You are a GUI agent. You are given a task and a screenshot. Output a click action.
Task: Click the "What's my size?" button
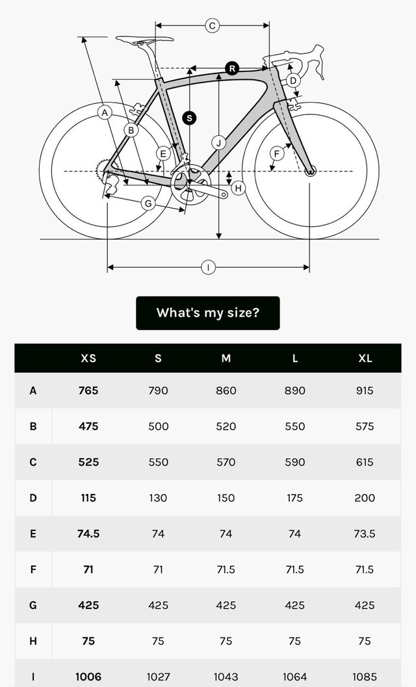pyautogui.click(x=207, y=313)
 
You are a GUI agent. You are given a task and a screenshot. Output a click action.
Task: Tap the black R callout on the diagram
pyautogui.click(x=232, y=68)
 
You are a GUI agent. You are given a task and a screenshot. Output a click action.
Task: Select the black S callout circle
pyautogui.click(x=189, y=118)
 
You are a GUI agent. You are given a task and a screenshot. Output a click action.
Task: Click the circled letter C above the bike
pyautogui.click(x=212, y=25)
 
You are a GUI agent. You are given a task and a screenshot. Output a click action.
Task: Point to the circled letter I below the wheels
pyautogui.click(x=207, y=267)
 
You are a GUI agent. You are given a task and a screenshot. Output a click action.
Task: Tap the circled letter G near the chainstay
pyautogui.click(x=148, y=203)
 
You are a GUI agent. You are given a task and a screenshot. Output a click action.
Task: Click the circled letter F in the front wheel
pyautogui.click(x=277, y=153)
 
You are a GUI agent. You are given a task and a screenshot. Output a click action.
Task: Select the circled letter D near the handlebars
pyautogui.click(x=293, y=81)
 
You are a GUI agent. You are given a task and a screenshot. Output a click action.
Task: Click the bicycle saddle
pyautogui.click(x=144, y=40)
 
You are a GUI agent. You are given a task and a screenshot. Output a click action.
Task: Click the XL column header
pyautogui.click(x=365, y=358)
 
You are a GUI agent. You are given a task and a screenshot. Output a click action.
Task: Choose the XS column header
pyautogui.click(x=88, y=358)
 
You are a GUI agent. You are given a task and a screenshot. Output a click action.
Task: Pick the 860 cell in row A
pyautogui.click(x=226, y=391)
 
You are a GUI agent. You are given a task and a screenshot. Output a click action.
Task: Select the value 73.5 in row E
pyautogui.click(x=365, y=534)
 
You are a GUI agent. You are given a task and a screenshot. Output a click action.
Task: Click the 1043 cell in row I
pyautogui.click(x=226, y=677)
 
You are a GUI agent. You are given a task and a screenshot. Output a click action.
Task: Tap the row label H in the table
pyautogui.click(x=32, y=641)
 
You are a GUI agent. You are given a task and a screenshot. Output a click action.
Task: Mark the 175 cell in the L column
pyautogui.click(x=294, y=498)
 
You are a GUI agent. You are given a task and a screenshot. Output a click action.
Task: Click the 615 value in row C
pyautogui.click(x=365, y=462)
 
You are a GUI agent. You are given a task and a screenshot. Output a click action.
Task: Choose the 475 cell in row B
pyautogui.click(x=88, y=426)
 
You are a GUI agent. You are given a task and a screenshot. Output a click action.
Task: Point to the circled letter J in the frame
pyautogui.click(x=219, y=143)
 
